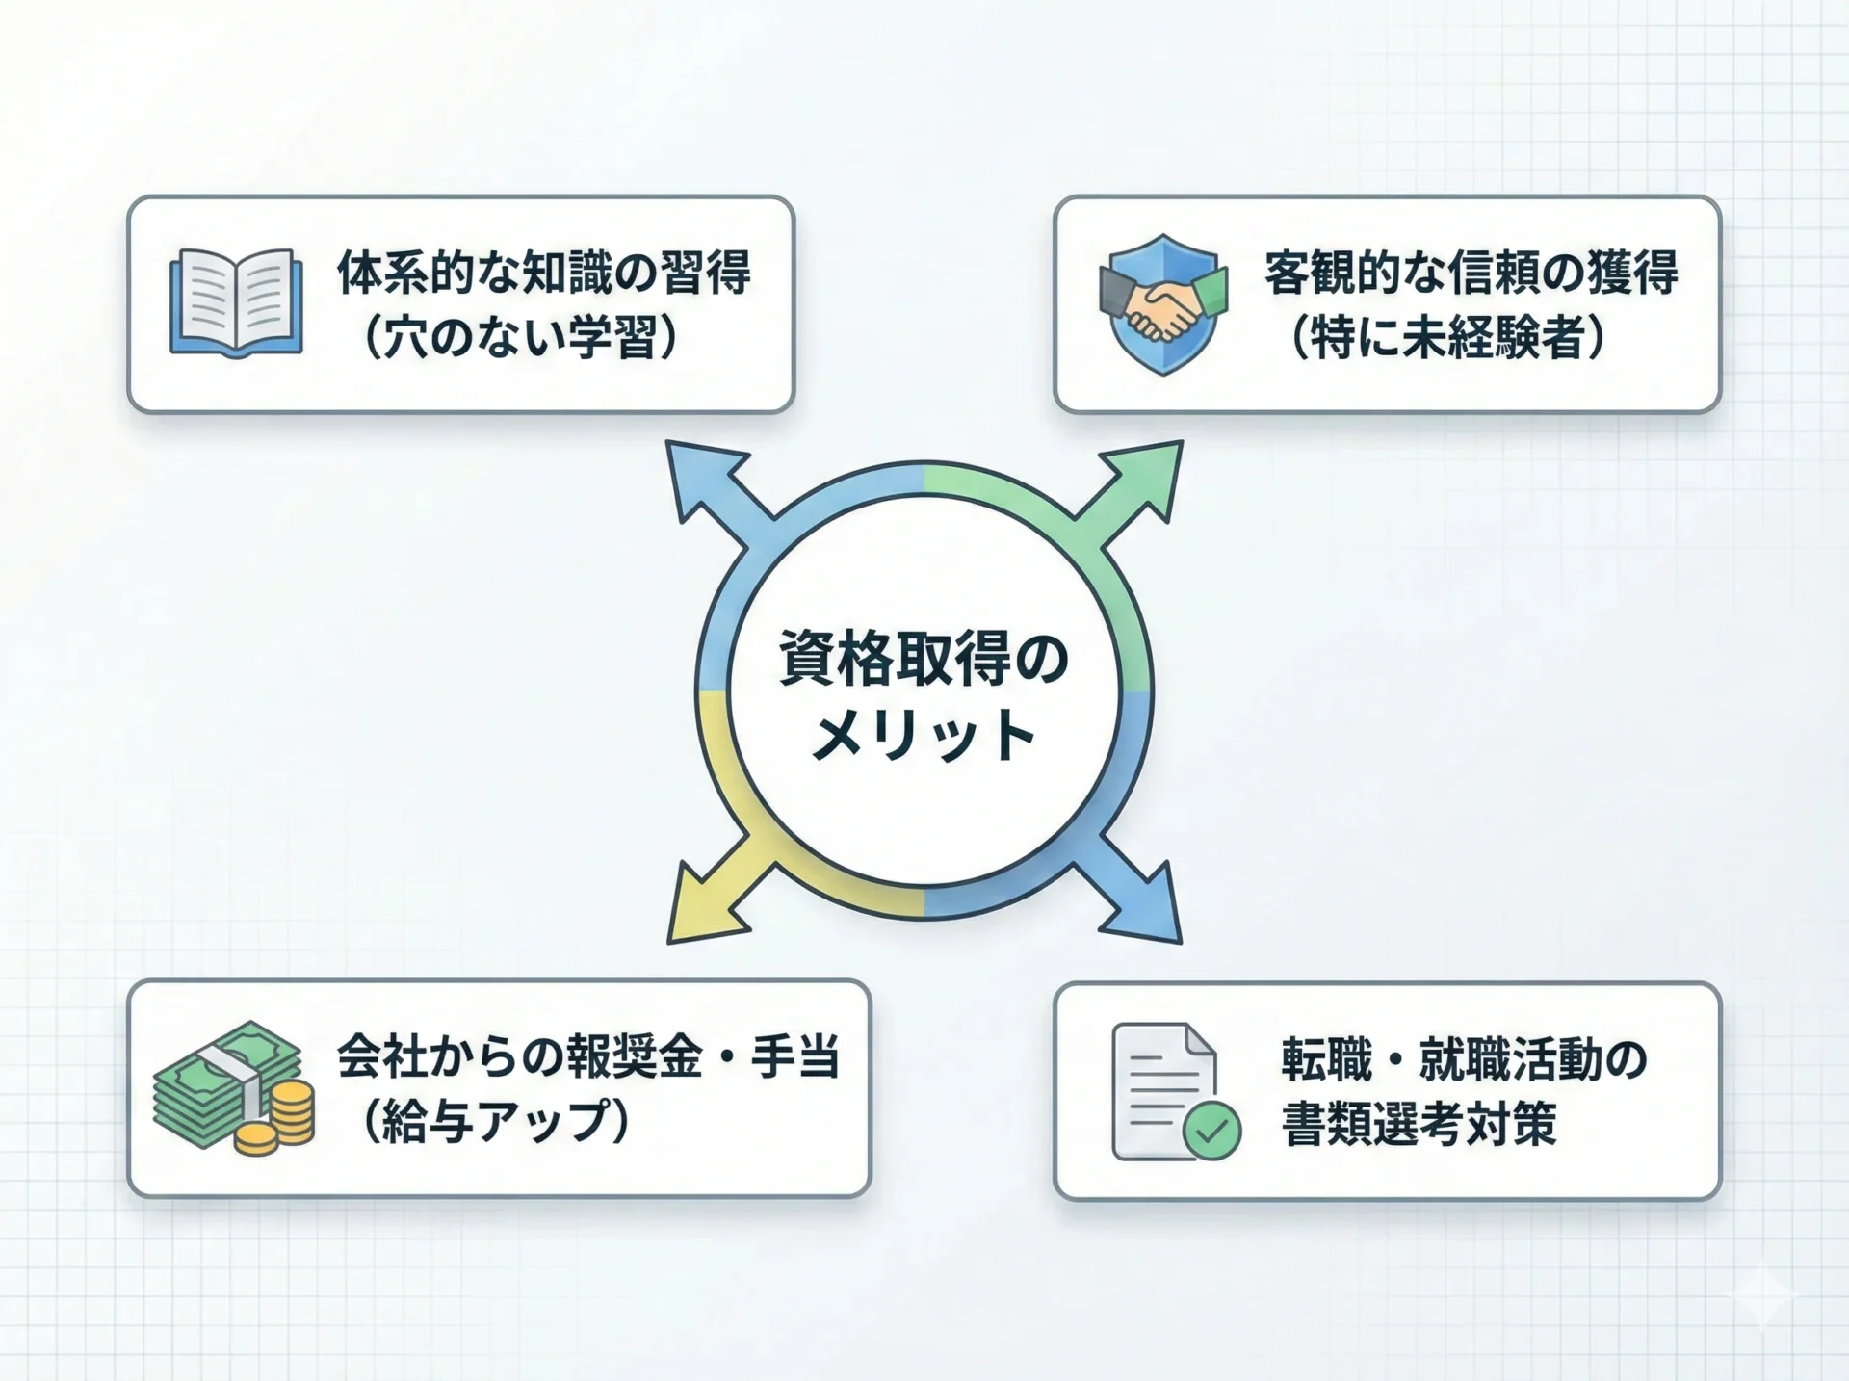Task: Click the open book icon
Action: click(x=236, y=303)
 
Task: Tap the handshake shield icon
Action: click(x=1163, y=303)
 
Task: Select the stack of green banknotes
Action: click(x=227, y=1084)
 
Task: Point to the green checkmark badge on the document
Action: click(x=1211, y=1130)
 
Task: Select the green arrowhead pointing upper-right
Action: click(x=1142, y=482)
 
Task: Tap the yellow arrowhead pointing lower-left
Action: click(x=707, y=901)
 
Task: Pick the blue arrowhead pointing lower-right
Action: click(x=1141, y=901)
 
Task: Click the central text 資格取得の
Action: click(x=924, y=660)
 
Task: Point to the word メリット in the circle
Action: click(x=924, y=737)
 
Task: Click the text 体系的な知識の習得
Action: click(x=543, y=273)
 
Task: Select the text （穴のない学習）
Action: click(x=521, y=338)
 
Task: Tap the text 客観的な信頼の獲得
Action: click(x=1471, y=273)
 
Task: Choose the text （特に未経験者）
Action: click(x=1448, y=338)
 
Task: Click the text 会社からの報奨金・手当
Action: click(x=588, y=1056)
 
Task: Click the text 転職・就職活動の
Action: click(x=1465, y=1059)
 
